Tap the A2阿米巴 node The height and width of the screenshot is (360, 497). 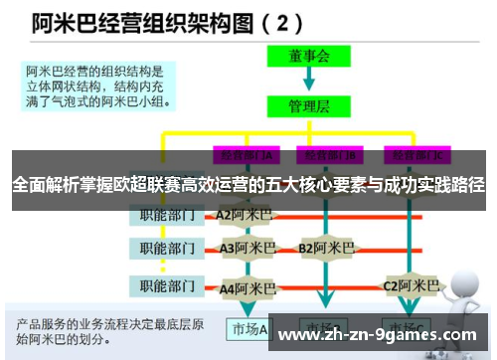(245, 214)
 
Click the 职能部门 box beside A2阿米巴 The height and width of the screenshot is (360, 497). (166, 214)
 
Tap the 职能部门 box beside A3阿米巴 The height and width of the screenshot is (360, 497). (166, 248)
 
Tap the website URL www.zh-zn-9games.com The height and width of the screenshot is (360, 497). (377, 335)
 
